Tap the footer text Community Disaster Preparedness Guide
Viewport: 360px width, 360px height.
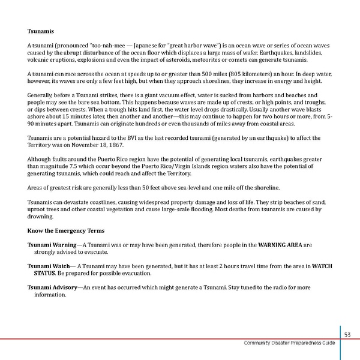(x=290, y=343)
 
